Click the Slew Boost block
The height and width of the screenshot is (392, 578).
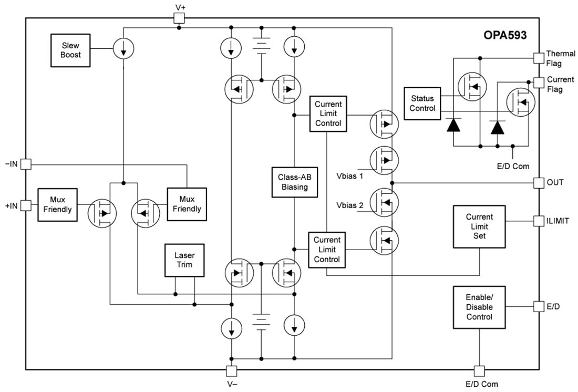[x=70, y=50]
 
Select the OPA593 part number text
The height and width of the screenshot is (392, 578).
[x=505, y=36]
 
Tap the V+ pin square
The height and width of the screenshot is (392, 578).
[x=179, y=18]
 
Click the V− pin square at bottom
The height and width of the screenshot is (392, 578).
[x=232, y=370]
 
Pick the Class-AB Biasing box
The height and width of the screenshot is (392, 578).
[x=294, y=182]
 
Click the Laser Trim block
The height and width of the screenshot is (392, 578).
[x=184, y=260]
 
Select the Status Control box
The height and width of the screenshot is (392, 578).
[x=422, y=104]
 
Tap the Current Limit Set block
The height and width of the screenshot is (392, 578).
[x=479, y=226]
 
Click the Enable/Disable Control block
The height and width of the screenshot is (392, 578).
[x=479, y=307]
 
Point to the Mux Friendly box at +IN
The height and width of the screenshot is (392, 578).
[x=57, y=205]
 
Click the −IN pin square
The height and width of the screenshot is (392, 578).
[x=26, y=164]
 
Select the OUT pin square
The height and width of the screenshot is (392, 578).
[x=539, y=182]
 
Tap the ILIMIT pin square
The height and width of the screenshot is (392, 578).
[x=539, y=221]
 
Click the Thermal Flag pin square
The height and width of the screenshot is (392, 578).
[x=539, y=58]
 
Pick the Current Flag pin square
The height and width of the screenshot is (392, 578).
[x=539, y=82]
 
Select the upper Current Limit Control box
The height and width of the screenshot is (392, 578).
[x=328, y=114]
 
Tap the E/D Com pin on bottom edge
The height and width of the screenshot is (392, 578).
[x=479, y=370]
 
